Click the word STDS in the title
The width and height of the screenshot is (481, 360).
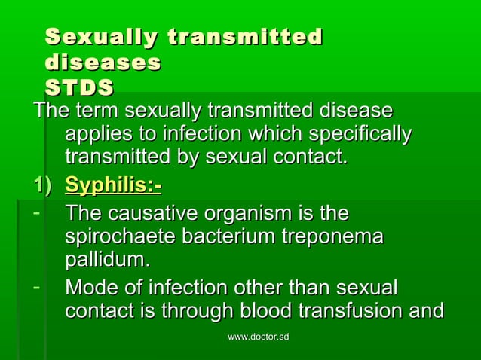coord(79,87)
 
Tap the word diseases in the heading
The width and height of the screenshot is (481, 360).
coord(103,62)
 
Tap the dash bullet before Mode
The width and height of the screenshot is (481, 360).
coord(35,287)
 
